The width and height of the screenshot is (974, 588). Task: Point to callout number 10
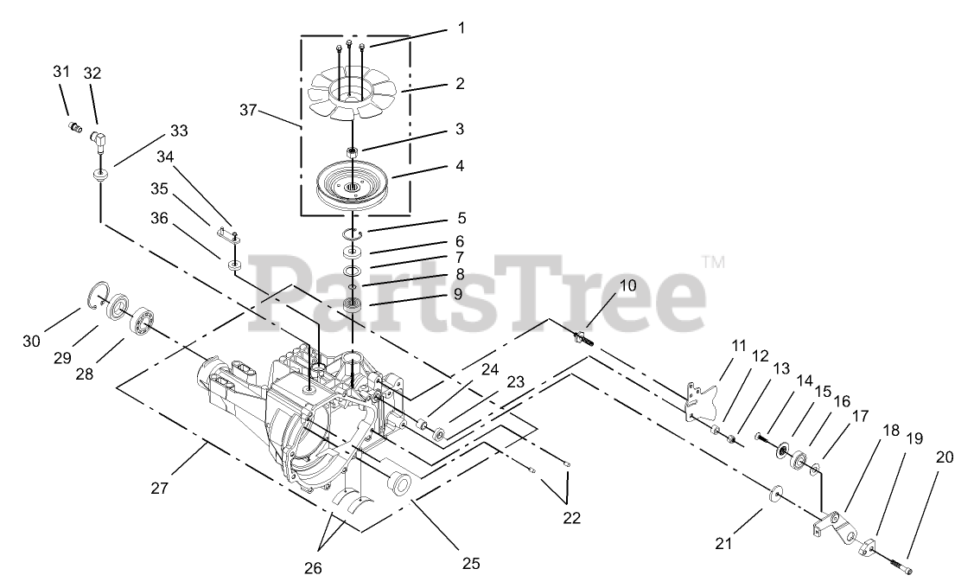coord(627,284)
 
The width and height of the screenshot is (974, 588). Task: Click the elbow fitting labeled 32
coord(97,138)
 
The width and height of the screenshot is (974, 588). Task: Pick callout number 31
coord(60,73)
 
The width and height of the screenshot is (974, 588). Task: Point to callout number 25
coord(470,564)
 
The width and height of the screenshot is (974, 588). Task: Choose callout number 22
coord(571,518)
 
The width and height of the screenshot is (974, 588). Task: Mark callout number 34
coord(164,157)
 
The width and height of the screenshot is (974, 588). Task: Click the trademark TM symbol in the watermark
coord(713,259)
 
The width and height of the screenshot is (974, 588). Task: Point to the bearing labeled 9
coord(353,304)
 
